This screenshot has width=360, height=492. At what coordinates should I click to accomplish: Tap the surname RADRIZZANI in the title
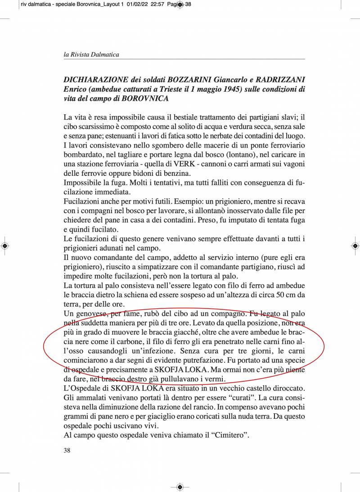pos(277,79)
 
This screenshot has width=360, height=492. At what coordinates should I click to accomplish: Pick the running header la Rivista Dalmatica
pos(91,54)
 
